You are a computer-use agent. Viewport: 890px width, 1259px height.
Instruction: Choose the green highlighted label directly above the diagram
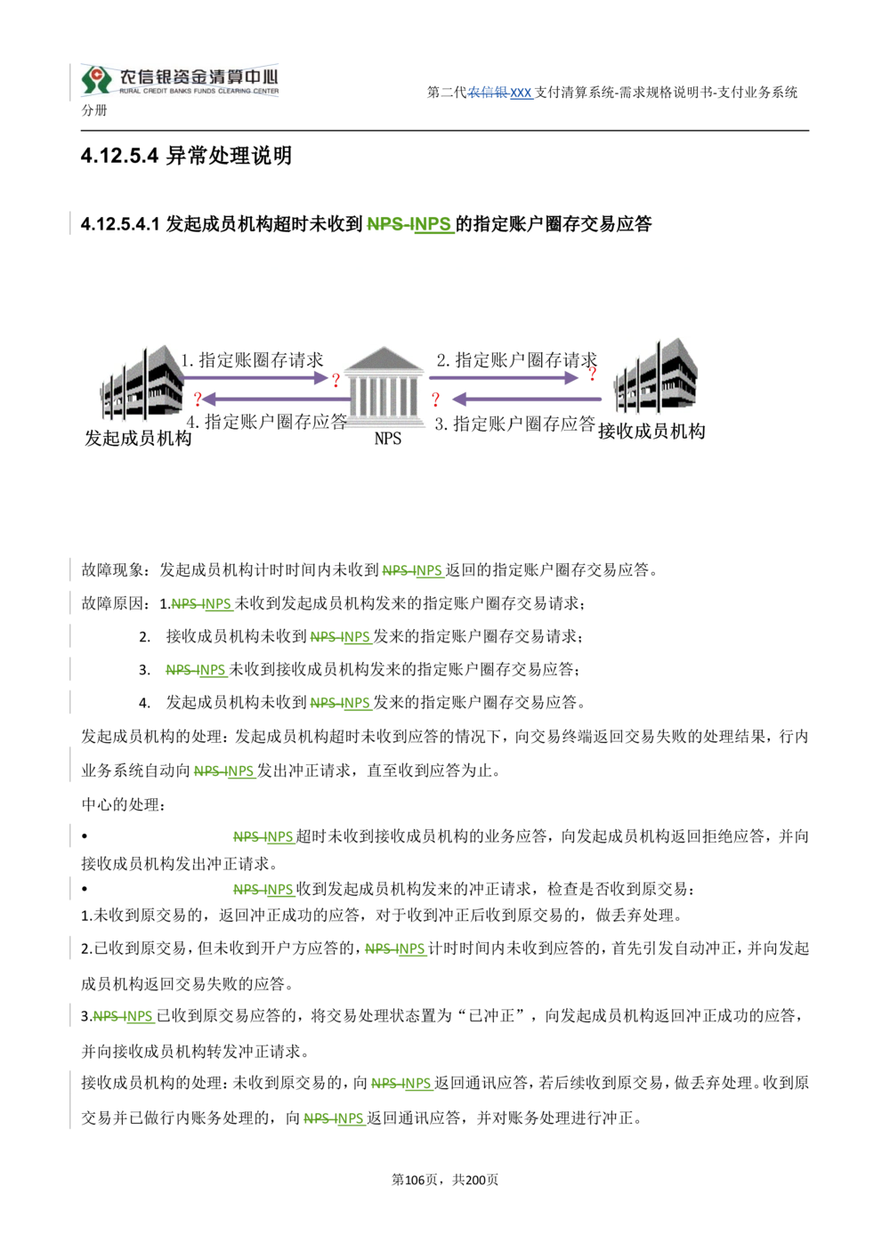click(x=409, y=224)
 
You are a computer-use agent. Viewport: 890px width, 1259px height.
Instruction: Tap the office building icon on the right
click(x=659, y=377)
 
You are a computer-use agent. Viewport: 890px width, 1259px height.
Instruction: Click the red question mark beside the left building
click(x=198, y=400)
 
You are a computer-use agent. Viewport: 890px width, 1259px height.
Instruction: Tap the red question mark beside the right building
click(x=592, y=374)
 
